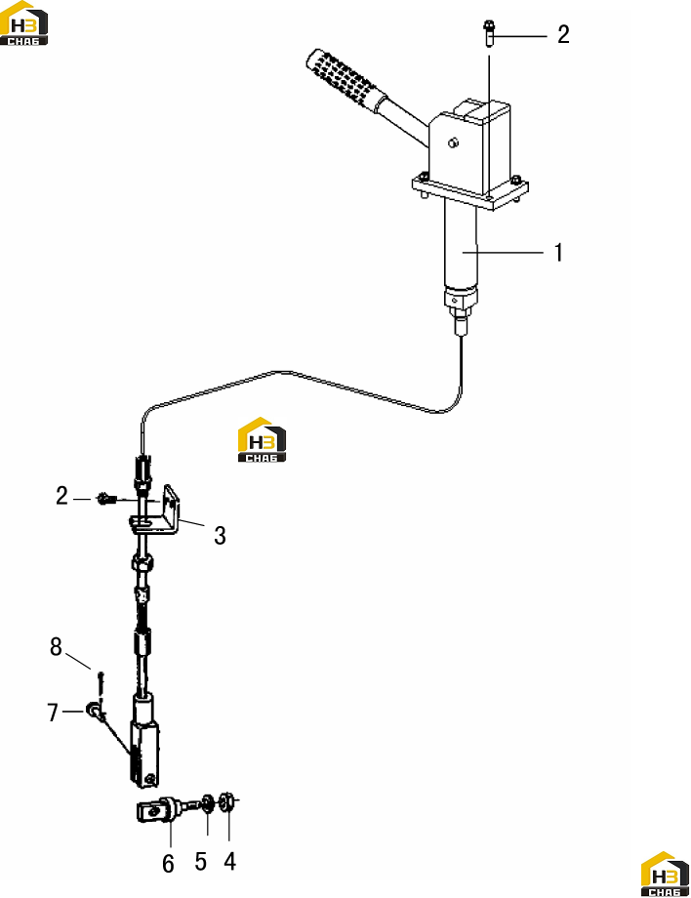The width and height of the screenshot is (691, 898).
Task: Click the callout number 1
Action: pyautogui.click(x=559, y=253)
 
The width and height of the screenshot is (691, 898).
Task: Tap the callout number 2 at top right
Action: pyautogui.click(x=563, y=34)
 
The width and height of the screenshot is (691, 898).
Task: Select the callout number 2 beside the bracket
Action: pyautogui.click(x=61, y=496)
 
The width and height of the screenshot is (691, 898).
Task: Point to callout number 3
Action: pyautogui.click(x=220, y=536)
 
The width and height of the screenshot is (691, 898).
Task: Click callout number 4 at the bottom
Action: pyautogui.click(x=229, y=861)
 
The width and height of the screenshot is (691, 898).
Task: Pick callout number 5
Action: pyautogui.click(x=200, y=861)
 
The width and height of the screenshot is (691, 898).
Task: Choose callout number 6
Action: pyautogui.click(x=168, y=864)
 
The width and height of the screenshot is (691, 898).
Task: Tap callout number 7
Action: pyautogui.click(x=53, y=713)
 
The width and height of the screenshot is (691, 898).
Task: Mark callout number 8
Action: pyautogui.click(x=56, y=646)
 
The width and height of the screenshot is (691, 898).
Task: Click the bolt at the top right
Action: pyautogui.click(x=489, y=34)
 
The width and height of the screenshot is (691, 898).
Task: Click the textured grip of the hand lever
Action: pyautogui.click(x=343, y=78)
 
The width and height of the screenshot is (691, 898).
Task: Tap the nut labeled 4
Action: pyautogui.click(x=226, y=800)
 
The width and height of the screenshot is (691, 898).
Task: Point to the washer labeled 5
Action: pyautogui.click(x=207, y=803)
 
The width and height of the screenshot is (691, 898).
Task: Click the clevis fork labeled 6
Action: pyautogui.click(x=160, y=810)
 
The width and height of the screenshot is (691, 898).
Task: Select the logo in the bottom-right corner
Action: pyautogui.click(x=665, y=874)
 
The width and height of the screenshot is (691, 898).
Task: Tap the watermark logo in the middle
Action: pyautogui.click(x=262, y=439)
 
